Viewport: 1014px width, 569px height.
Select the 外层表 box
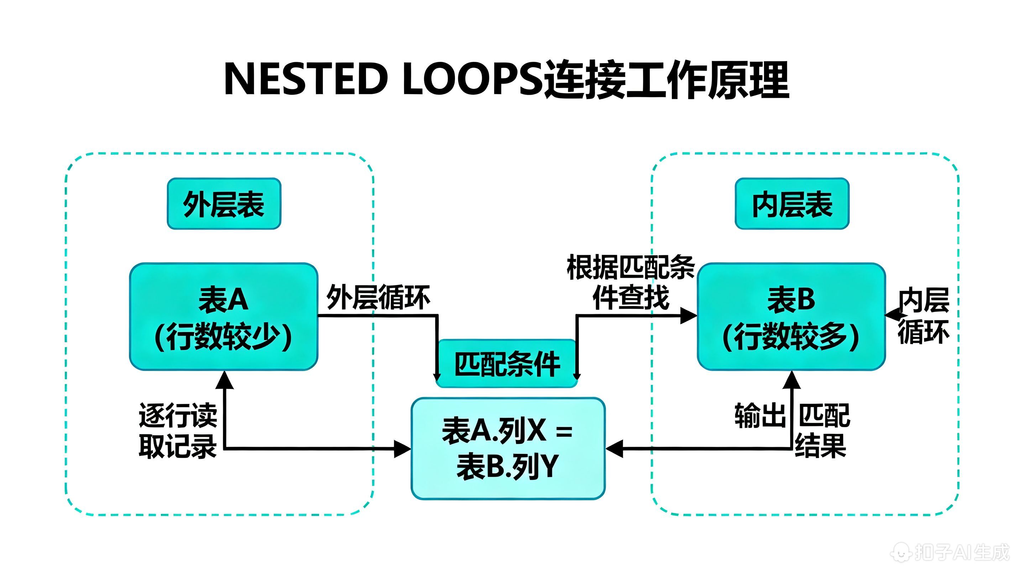click(224, 204)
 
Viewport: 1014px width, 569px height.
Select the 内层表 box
click(792, 204)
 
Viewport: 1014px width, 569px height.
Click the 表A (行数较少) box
click(224, 317)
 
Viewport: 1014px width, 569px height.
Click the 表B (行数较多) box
click(791, 317)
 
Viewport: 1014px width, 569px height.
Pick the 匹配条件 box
click(507, 364)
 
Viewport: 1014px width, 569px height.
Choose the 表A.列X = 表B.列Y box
click(508, 448)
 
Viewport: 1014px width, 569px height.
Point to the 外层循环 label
click(378, 297)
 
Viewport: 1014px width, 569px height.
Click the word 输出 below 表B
click(760, 415)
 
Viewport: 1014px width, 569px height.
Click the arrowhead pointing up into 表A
click(225, 380)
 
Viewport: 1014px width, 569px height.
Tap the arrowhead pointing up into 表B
click(791, 380)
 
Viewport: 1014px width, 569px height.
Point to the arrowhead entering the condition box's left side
click(402, 449)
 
